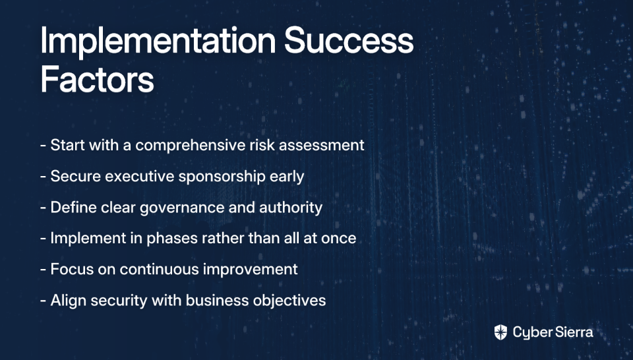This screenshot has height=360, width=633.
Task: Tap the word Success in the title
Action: (349, 41)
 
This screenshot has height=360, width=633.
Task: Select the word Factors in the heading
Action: (97, 80)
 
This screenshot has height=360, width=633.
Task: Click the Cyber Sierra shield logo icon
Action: (500, 332)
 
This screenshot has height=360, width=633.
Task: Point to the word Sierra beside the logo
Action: (573, 332)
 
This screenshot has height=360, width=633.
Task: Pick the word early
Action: (287, 177)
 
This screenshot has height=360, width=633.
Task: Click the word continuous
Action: (159, 269)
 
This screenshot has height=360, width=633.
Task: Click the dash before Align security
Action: (44, 301)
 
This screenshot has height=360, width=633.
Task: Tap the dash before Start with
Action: (44, 146)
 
